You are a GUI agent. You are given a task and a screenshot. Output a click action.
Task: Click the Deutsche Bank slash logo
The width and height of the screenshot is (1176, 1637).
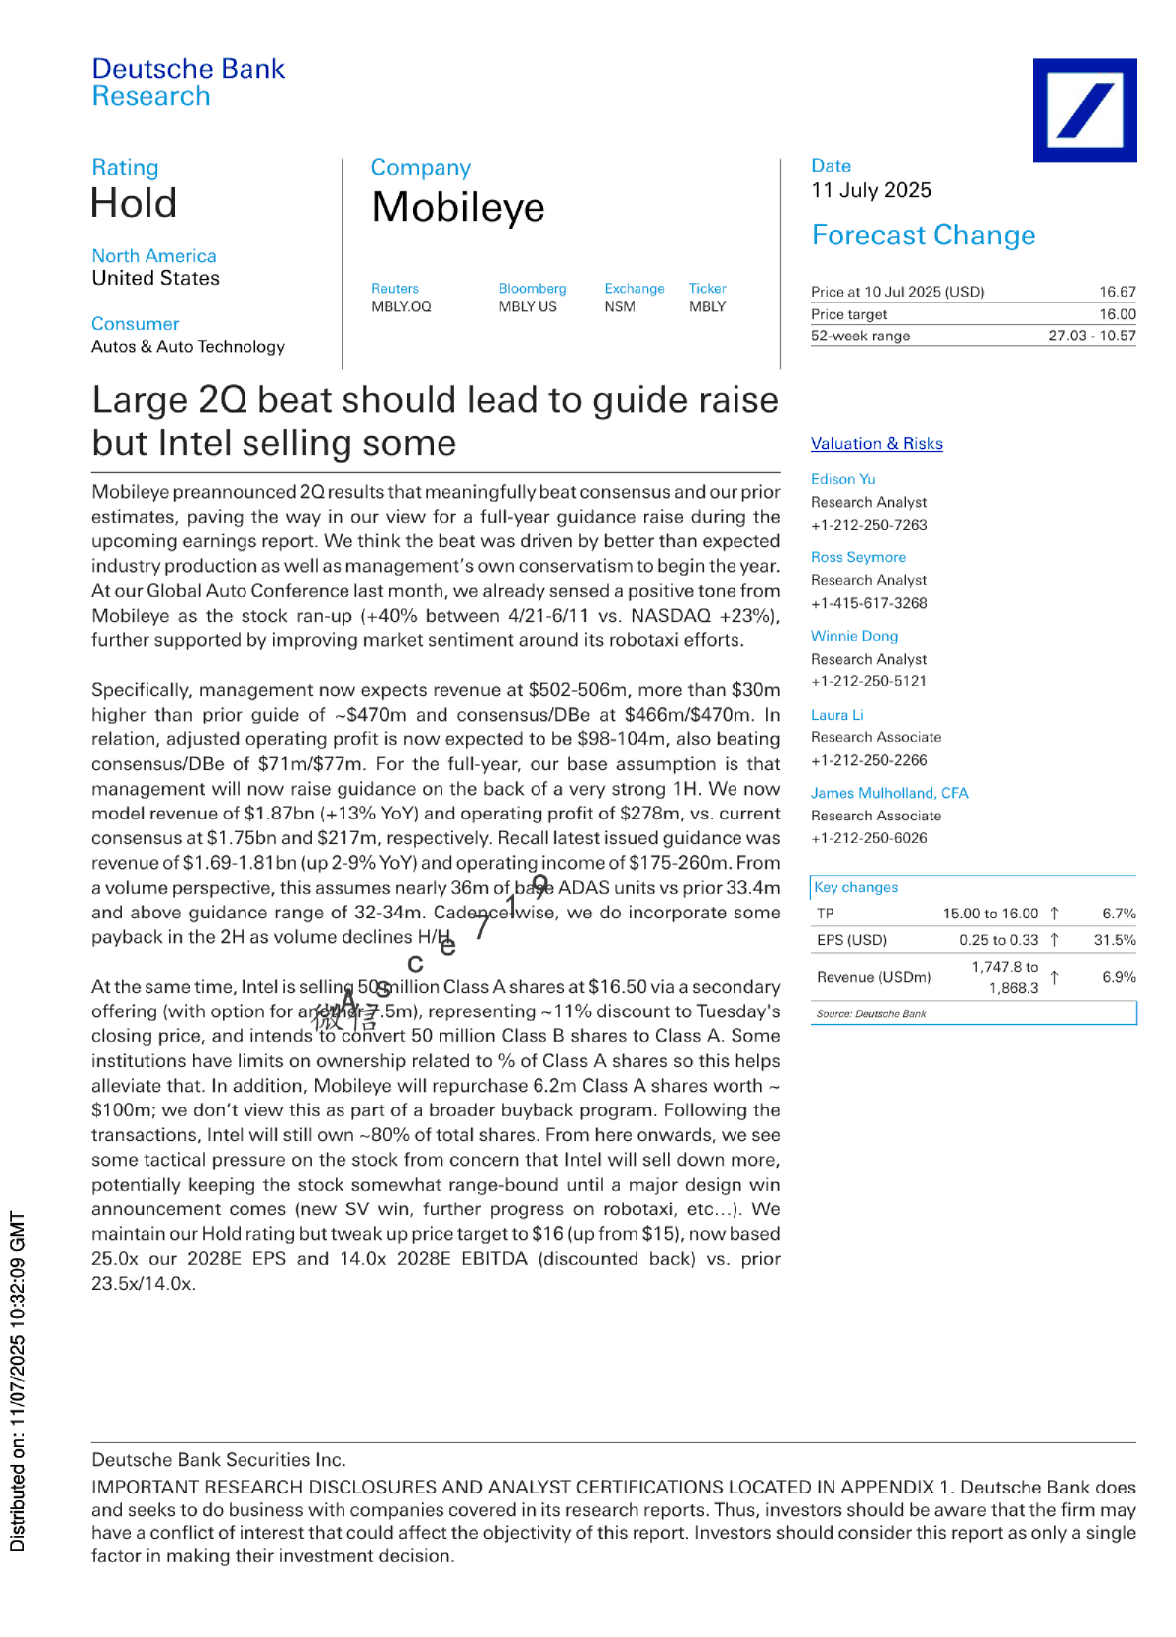(1085, 110)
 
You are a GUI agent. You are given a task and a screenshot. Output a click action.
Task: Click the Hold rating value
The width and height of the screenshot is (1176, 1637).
(134, 204)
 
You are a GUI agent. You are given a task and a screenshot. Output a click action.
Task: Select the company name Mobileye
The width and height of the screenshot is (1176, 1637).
(458, 208)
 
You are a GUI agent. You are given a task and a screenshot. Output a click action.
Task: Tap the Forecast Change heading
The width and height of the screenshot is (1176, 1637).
(923, 236)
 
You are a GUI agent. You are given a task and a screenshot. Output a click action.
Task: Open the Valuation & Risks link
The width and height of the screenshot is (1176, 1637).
(876, 444)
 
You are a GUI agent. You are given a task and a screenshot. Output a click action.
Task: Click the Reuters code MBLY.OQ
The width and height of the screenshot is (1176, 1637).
(401, 307)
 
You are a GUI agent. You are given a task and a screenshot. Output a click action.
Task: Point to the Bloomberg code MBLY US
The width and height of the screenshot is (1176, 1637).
(528, 307)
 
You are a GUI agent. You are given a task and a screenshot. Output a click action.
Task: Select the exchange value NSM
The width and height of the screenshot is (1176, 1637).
(620, 307)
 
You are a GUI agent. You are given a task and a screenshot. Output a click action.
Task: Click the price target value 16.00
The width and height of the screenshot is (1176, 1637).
(1117, 314)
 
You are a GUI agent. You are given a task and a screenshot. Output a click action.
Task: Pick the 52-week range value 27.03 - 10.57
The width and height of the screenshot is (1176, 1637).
(1092, 336)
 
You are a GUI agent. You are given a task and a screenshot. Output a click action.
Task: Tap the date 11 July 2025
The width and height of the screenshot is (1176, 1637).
(871, 190)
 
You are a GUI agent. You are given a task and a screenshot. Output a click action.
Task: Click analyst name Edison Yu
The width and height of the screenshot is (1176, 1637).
(842, 479)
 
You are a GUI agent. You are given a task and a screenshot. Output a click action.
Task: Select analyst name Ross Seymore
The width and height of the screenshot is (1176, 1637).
(858, 557)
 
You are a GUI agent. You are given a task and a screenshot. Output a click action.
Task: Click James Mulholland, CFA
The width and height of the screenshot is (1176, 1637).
(889, 793)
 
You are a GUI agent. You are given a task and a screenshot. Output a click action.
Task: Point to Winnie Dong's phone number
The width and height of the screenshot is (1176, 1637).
(868, 681)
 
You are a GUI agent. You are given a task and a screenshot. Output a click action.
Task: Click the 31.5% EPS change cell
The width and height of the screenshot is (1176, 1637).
(1115, 940)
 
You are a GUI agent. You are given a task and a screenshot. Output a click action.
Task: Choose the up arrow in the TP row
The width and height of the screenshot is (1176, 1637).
(1055, 914)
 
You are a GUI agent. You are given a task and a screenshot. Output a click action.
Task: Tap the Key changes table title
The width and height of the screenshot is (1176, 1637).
(855, 887)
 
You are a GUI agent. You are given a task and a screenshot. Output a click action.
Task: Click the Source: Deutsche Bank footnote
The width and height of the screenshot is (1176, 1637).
(871, 1013)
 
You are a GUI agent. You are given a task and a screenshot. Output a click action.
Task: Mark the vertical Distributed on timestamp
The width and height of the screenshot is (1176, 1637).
(18, 1381)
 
